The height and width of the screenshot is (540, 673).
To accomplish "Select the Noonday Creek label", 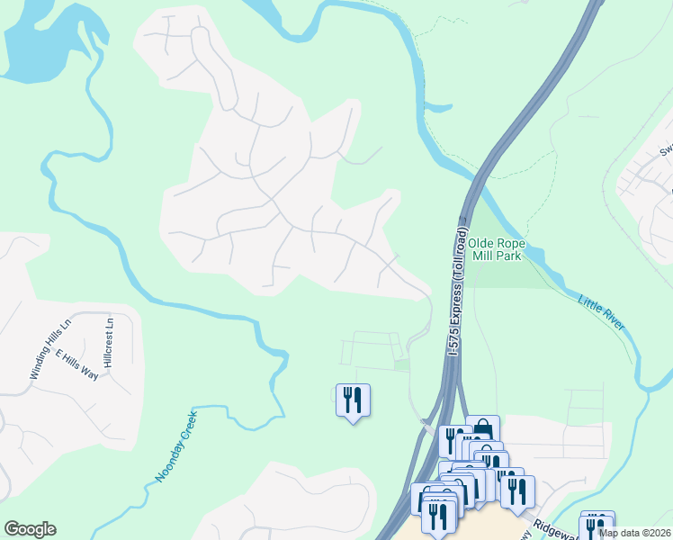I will (x=176, y=444).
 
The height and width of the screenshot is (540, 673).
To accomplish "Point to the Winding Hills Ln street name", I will (x=49, y=349).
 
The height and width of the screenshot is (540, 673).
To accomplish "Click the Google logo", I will (x=30, y=529).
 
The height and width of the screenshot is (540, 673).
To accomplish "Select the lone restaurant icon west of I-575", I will (x=353, y=399).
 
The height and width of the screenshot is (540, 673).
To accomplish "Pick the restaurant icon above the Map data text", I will (x=597, y=523).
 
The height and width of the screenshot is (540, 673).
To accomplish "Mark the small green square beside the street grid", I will (x=402, y=364).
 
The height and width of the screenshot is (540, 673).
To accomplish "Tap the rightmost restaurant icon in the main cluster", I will (x=517, y=490).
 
